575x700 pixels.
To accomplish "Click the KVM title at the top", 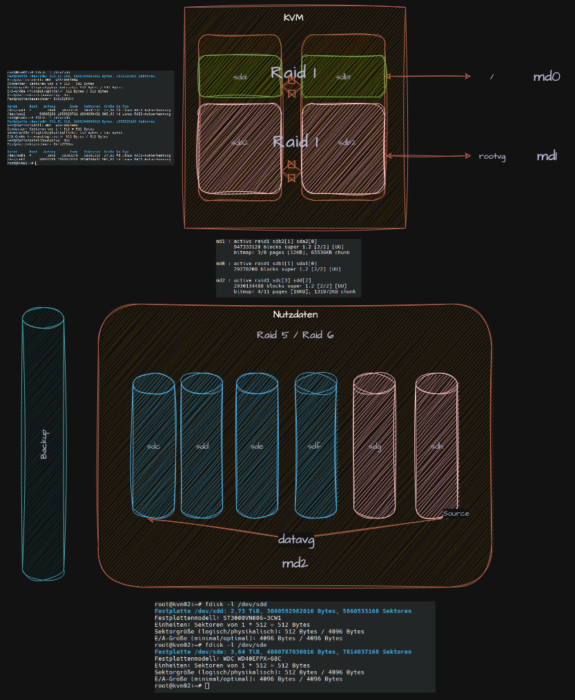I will pyautogui.click(x=293, y=17).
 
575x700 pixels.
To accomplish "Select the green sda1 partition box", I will pyautogui.click(x=240, y=77).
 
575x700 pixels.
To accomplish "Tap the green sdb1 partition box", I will pyautogui.click(x=343, y=77).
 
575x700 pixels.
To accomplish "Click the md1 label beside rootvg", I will pyautogui.click(x=547, y=156).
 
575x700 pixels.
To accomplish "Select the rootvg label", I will pyautogui.click(x=492, y=157).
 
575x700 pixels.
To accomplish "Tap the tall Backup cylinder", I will pyautogui.click(x=43, y=445).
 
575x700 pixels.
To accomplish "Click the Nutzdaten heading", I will pyautogui.click(x=295, y=315).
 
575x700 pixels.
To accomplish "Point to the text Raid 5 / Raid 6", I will pyautogui.click(x=295, y=335).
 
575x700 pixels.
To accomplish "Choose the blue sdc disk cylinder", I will pyautogui.click(x=153, y=447).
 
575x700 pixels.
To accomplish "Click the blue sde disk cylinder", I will pyautogui.click(x=257, y=447).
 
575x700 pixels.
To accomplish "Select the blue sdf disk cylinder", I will pyautogui.click(x=315, y=447).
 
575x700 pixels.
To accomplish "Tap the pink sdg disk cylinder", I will pyautogui.click(x=374, y=447).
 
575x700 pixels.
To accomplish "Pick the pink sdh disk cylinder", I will pyautogui.click(x=436, y=447).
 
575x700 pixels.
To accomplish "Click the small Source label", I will pyautogui.click(x=456, y=514).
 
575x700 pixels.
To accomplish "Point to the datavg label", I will pyautogui.click(x=296, y=540).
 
